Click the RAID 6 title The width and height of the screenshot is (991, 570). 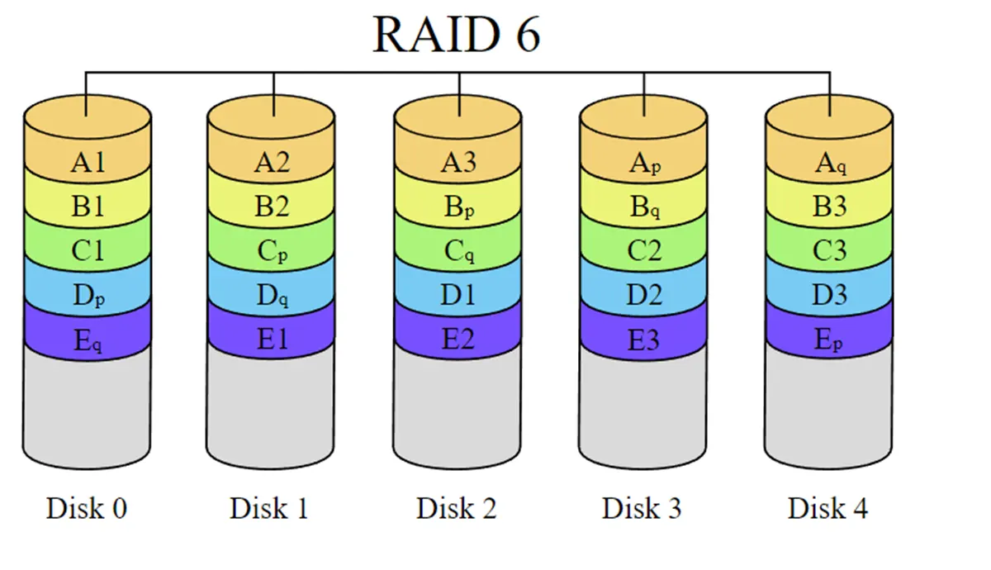457,35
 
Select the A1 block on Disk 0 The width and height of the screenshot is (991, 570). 88,163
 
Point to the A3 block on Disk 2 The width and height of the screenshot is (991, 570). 458,163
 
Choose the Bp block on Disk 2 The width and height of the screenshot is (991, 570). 458,207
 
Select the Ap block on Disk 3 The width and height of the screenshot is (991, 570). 643,163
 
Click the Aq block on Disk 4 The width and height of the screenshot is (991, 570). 829,163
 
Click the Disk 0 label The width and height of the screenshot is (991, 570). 87,508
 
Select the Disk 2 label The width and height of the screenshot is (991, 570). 457,508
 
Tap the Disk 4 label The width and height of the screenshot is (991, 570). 827,508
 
